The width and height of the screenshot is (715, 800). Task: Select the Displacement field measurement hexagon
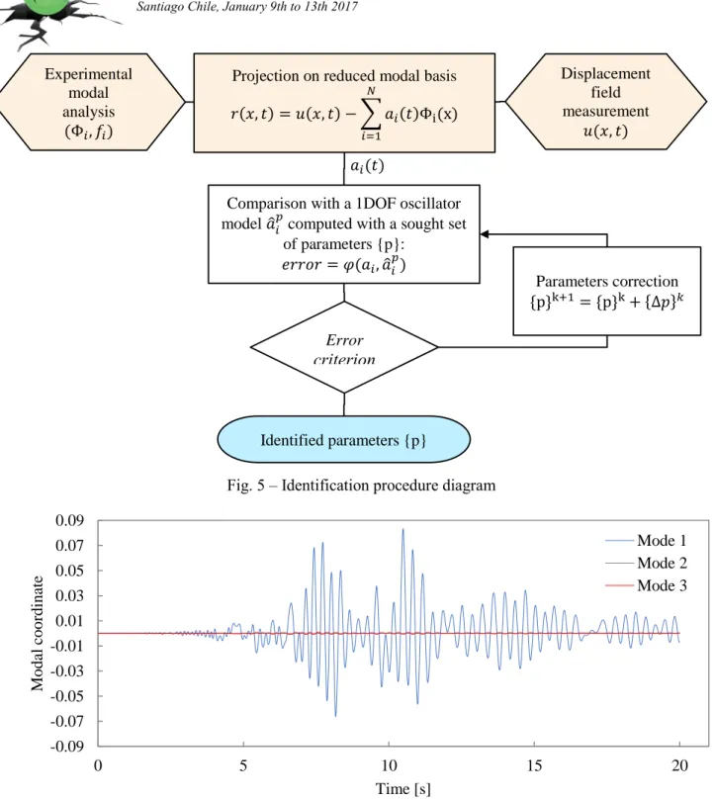[x=606, y=102]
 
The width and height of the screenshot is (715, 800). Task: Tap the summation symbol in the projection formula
[x=371, y=114]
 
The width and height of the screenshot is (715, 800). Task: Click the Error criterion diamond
[x=344, y=347]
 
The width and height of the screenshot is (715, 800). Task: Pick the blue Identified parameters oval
[x=343, y=439]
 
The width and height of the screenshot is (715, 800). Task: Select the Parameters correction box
[x=607, y=291]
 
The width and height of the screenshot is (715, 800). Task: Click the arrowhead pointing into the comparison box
[x=485, y=234]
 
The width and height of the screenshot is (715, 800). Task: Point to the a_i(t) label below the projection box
[x=367, y=166]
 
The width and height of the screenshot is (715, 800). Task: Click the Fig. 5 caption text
[x=361, y=485]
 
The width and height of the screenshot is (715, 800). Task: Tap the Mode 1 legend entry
[x=646, y=540]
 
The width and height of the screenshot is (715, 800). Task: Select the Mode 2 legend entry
[x=646, y=563]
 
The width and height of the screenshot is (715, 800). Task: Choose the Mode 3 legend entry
[x=646, y=585]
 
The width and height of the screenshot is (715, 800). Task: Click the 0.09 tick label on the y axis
[x=69, y=520]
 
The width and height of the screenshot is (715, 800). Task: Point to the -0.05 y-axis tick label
[x=67, y=696]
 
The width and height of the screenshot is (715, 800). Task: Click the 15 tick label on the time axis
[x=534, y=765]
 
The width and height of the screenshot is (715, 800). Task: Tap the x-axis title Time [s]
[x=403, y=788]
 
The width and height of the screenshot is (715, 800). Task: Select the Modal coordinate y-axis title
[x=38, y=633]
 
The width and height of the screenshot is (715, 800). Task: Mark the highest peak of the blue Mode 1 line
[x=402, y=530]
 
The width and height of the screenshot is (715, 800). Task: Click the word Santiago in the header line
[x=158, y=7]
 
